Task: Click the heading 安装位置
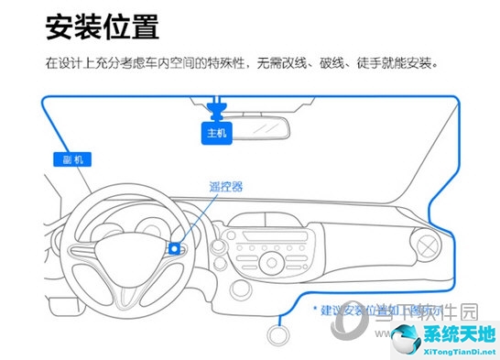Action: pos(102,27)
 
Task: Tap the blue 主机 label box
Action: pos(217,133)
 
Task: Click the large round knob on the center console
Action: pos(272,263)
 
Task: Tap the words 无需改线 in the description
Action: pos(282,65)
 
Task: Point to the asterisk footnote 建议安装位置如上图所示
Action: pos(375,310)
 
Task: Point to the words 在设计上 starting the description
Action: pos(64,65)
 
